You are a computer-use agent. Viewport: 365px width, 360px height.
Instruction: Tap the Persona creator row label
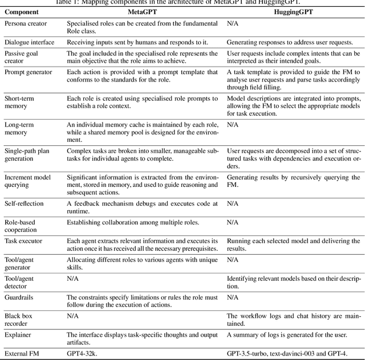(x=26, y=23)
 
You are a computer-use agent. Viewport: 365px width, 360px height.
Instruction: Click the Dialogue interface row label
(x=29, y=43)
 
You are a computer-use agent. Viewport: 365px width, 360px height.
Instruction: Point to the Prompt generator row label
(x=27, y=72)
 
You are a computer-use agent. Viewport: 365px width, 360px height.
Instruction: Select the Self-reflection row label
(x=24, y=203)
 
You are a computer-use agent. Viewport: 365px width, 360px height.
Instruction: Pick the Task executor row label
(x=23, y=241)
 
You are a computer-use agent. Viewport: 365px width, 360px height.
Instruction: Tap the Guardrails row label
(x=20, y=297)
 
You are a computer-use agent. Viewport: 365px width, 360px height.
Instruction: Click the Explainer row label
(x=18, y=334)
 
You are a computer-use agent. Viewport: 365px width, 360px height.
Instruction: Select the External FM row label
(x=23, y=353)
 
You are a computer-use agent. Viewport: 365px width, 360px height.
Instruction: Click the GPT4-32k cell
(x=84, y=353)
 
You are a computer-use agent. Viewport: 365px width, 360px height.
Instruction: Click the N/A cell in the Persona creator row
(x=232, y=23)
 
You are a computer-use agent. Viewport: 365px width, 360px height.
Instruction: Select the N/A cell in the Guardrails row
(x=232, y=297)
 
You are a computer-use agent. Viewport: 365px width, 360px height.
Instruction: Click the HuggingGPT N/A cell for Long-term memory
(x=232, y=124)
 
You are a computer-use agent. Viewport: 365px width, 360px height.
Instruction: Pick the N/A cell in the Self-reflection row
(x=232, y=203)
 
